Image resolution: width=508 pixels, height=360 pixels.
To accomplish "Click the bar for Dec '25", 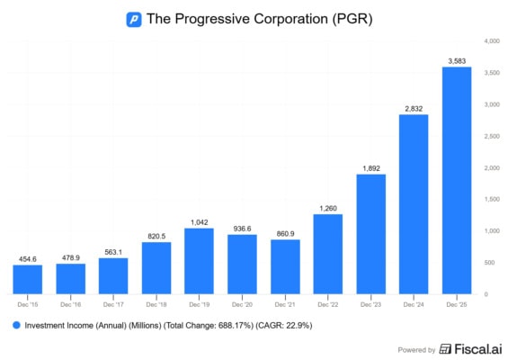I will (x=457, y=180).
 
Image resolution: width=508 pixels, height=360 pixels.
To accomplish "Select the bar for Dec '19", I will (x=199, y=261).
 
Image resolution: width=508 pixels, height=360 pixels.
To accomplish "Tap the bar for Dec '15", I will (x=27, y=279).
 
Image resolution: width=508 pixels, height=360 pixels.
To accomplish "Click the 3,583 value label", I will (x=457, y=60).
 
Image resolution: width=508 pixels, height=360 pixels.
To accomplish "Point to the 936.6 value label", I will (x=242, y=228).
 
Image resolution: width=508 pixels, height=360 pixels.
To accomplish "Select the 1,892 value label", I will (x=370, y=167).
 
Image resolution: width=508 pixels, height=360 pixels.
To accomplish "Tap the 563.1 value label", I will (x=113, y=251).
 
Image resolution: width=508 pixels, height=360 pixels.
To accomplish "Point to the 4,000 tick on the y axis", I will (x=491, y=41).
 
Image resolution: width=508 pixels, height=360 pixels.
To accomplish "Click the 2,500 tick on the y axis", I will (x=491, y=136).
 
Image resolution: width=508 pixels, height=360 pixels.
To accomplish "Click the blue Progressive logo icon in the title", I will (x=134, y=19).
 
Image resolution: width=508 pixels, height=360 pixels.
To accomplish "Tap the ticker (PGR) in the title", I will (x=352, y=19).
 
